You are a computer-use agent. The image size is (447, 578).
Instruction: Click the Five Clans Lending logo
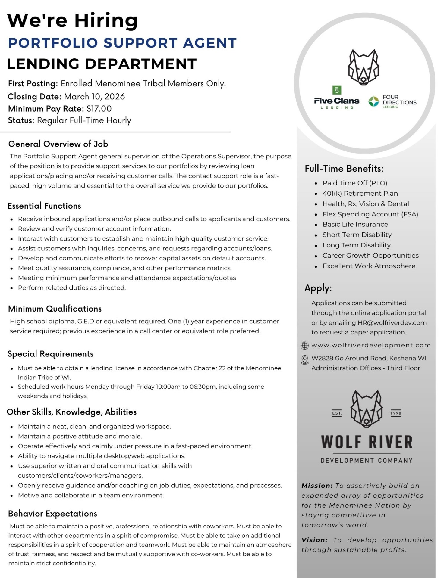pos(337,99)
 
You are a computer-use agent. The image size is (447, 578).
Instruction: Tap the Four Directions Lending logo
pos(392,101)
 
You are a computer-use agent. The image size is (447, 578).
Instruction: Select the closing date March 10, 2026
pos(94,97)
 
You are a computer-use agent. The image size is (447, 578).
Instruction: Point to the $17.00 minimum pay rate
pos(99,109)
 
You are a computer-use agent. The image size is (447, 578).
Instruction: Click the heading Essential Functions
pos(44,206)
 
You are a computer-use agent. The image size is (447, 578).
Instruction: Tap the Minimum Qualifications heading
pos(55,309)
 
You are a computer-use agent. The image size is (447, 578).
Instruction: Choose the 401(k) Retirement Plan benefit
pos(360,193)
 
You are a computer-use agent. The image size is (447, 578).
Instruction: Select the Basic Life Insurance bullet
pos(355,224)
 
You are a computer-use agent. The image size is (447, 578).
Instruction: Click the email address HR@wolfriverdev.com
pos(392,323)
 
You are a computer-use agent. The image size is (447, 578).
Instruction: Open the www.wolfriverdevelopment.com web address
pos(371,345)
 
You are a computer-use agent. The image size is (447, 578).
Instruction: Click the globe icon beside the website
pos(305,346)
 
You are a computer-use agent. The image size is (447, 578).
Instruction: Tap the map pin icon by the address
pos(305,359)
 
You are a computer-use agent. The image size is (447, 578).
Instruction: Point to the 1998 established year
pos(396,413)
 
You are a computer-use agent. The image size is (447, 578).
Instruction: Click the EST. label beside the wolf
pos(337,413)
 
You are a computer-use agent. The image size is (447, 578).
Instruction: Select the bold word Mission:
pos(317,486)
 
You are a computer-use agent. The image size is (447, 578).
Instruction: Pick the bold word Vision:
pos(314,540)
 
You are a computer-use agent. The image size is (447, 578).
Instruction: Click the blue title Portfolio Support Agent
pos(122,43)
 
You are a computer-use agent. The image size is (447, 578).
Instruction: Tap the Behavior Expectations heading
pos(53,514)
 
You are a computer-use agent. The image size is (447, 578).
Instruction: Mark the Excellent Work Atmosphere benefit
pos(369,266)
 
